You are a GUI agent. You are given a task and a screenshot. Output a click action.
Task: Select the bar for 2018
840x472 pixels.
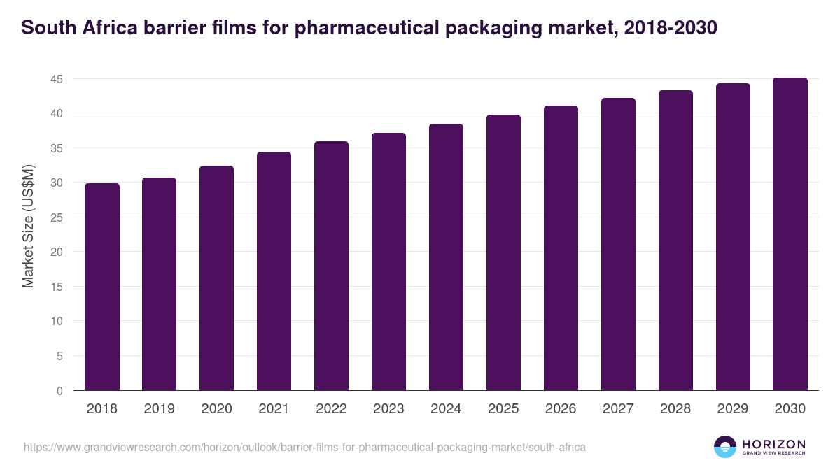click(102, 287)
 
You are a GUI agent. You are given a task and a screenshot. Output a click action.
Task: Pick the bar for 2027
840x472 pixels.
click(618, 244)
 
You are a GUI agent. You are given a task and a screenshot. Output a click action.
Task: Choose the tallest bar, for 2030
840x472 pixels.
click(790, 234)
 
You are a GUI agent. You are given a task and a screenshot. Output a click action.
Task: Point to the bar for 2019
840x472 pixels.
click(160, 284)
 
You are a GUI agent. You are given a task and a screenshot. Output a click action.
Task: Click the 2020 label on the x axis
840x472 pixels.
click(217, 409)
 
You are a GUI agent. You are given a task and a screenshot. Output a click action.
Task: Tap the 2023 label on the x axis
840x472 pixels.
click(388, 409)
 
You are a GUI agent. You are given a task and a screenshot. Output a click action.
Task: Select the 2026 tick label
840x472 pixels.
click(561, 409)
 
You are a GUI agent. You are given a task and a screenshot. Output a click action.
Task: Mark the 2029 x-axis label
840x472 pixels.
click(733, 409)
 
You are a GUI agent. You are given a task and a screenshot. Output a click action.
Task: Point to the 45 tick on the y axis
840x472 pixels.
click(57, 79)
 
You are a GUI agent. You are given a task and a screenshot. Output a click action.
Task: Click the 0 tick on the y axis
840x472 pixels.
click(59, 391)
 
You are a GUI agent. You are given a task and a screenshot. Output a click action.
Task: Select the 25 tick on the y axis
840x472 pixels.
click(57, 217)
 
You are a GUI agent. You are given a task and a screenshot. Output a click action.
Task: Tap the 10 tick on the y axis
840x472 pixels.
click(57, 322)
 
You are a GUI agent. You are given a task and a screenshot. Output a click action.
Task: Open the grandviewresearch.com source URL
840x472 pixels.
click(304, 447)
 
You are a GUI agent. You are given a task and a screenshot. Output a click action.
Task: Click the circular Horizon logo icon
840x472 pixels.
click(725, 447)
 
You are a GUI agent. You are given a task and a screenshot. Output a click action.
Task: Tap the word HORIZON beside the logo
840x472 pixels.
click(773, 444)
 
